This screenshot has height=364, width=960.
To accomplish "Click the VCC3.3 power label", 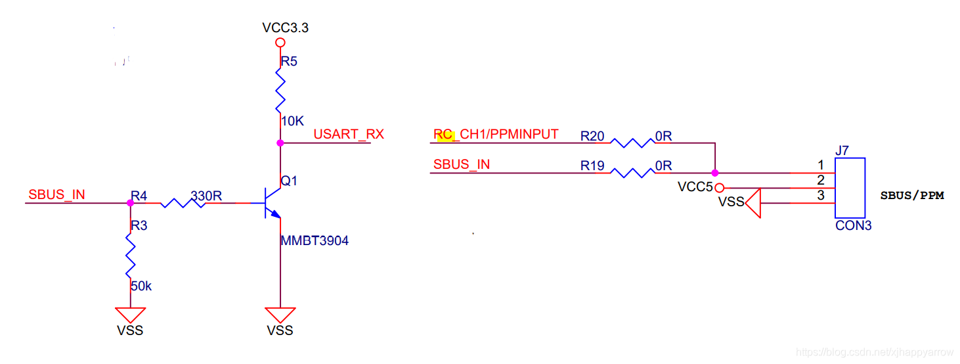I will (x=285, y=28).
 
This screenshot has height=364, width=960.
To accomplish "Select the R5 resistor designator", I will (x=289, y=62).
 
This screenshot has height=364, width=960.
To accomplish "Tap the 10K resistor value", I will (x=292, y=122).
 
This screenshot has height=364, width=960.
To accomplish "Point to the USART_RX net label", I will (x=349, y=135).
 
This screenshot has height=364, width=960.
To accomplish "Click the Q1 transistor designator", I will (x=290, y=180).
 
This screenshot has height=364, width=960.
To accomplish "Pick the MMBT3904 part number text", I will (x=315, y=241).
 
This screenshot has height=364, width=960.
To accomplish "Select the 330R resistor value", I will (x=206, y=196).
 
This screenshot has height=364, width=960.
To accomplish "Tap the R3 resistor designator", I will (x=139, y=226).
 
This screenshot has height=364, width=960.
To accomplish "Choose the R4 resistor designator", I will (x=139, y=196).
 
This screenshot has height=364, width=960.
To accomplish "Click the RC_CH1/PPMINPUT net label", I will (x=496, y=135).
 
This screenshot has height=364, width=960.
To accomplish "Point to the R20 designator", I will (x=592, y=136).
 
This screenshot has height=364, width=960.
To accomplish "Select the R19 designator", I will (x=592, y=166).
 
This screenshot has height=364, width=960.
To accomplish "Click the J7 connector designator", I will (x=842, y=151).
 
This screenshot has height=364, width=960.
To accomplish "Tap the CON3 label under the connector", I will (x=854, y=226).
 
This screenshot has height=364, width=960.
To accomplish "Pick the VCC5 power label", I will (x=695, y=187).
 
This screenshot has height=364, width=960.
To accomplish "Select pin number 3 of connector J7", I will (x=821, y=195).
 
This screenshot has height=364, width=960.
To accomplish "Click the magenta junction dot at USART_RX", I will (x=280, y=143).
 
